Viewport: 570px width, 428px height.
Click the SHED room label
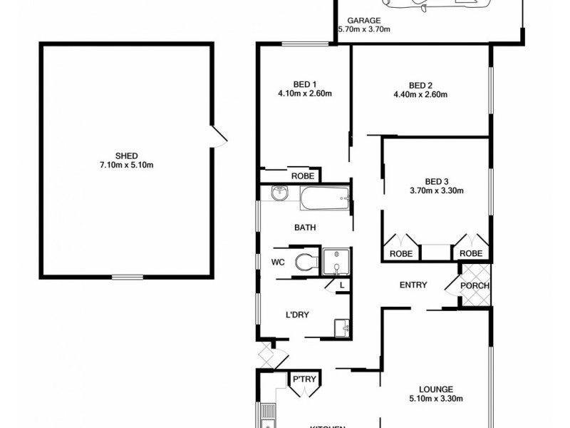click(x=126, y=156)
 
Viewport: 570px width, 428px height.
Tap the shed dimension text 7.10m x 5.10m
click(x=126, y=165)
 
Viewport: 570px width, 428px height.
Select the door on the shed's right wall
click(x=218, y=136)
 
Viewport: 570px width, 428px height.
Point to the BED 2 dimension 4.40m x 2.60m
click(x=420, y=93)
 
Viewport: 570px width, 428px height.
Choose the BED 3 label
click(x=436, y=180)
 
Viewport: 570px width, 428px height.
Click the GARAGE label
click(x=363, y=21)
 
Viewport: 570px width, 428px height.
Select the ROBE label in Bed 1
click(x=301, y=175)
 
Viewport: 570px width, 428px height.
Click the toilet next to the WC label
click(x=307, y=262)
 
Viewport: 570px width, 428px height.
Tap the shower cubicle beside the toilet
click(x=335, y=261)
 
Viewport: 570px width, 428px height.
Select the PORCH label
click(x=475, y=286)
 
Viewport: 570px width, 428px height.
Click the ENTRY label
click(x=413, y=285)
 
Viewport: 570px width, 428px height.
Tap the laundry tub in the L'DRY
click(x=341, y=327)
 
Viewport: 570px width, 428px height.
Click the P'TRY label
click(x=304, y=379)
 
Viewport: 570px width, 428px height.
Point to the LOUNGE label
click(x=436, y=389)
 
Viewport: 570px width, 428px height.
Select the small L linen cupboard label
click(x=341, y=285)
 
